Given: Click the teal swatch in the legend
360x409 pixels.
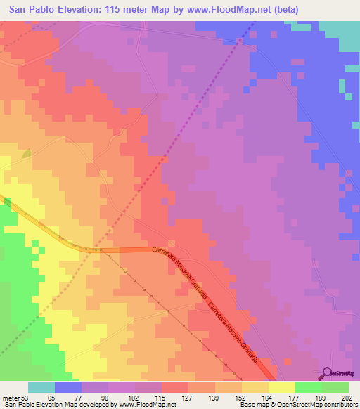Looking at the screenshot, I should pos(41,387).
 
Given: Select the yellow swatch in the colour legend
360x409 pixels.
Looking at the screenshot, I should pos(281,387).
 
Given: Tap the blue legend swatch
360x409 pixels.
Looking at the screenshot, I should pos(68,387).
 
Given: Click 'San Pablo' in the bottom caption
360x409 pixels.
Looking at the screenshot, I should pos(17,404).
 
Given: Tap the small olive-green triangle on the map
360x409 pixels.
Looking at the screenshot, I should pos(27,152).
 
